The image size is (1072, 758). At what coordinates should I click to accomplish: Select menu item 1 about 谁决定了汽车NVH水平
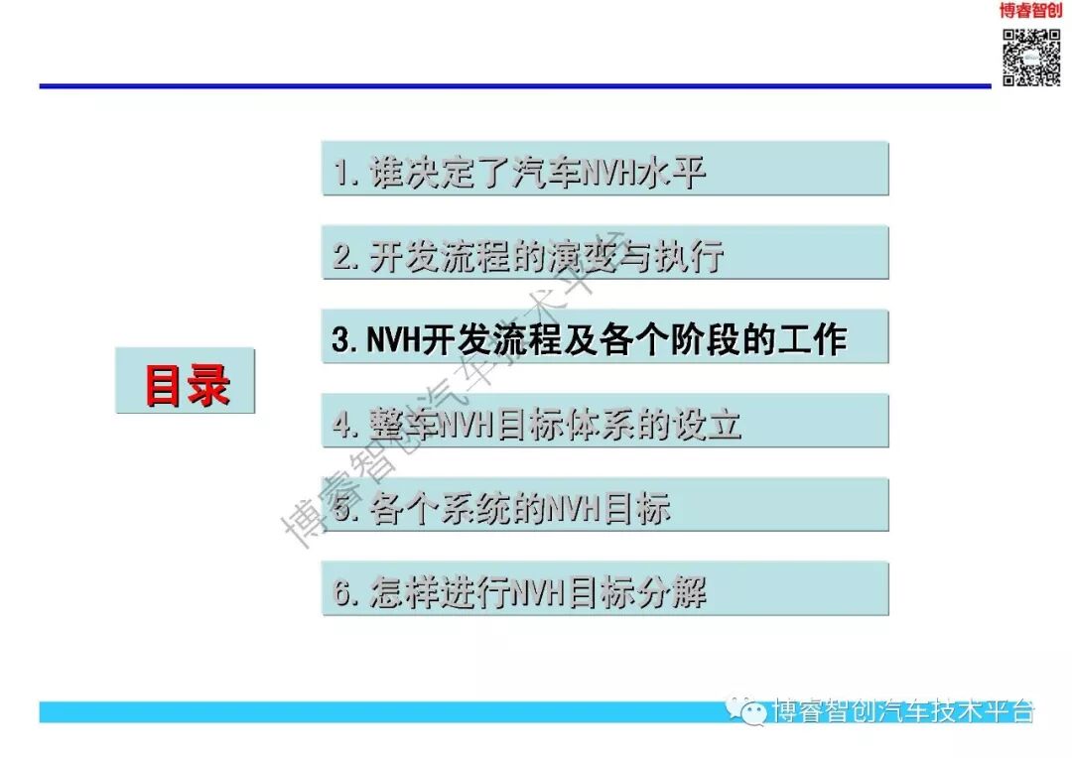604,170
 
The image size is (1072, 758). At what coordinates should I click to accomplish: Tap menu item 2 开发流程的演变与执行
604,254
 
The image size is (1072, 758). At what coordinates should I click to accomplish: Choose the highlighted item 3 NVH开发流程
604,338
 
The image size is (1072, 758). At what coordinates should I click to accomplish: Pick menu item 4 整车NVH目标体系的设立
604,422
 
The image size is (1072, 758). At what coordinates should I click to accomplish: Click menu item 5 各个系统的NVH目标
604,506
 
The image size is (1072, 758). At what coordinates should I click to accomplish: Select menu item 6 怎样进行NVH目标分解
604,589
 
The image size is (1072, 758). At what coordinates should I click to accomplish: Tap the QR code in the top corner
1032,57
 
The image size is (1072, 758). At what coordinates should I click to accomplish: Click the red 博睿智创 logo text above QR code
1030,11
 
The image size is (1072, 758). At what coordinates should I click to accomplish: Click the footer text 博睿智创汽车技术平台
903,710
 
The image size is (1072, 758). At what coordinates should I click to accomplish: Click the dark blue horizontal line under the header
496,86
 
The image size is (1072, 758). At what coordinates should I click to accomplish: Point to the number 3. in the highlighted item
344,340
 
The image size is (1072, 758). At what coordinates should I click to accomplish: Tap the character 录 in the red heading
209,383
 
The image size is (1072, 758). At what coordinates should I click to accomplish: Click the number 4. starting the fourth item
344,425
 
